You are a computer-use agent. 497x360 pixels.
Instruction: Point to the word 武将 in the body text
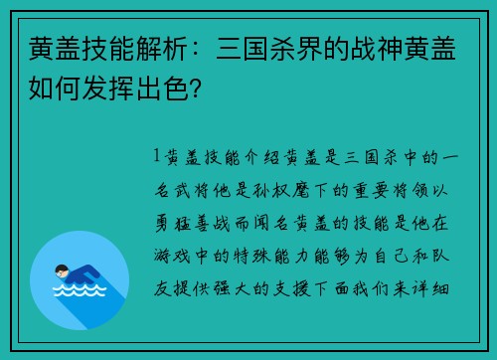[186, 189]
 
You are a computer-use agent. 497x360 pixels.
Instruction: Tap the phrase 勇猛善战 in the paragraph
[197, 222]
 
